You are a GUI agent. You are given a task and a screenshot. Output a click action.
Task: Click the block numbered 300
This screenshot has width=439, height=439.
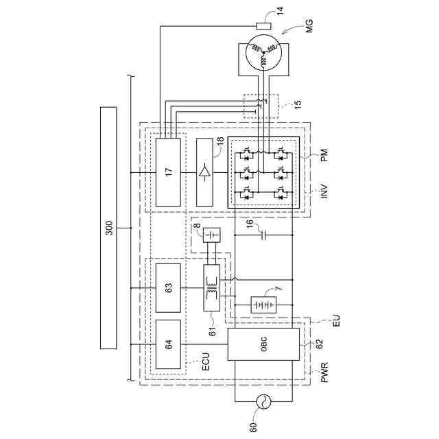[x=109, y=228]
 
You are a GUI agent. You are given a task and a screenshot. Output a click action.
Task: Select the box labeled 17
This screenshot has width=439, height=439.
[x=169, y=171]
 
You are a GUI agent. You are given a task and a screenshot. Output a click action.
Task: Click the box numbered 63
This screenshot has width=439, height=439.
[x=169, y=289]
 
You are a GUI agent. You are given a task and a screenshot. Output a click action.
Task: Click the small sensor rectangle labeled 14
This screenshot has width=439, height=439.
[x=263, y=27]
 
